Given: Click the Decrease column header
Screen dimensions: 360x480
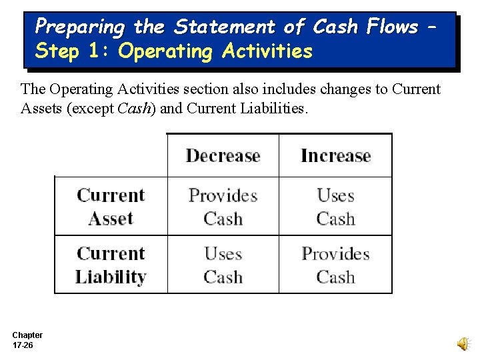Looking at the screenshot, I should [223, 156].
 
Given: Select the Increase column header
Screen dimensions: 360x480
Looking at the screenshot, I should [335, 156].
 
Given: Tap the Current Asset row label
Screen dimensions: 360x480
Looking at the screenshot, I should [111, 207].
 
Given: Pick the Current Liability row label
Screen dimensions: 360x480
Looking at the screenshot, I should [111, 265].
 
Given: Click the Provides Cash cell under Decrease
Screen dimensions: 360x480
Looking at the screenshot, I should [223, 207].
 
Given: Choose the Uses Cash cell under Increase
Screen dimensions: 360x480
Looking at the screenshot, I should [335, 207].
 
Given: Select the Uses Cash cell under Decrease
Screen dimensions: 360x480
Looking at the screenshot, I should [223, 265].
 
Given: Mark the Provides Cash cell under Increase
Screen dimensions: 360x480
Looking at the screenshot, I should [335, 265].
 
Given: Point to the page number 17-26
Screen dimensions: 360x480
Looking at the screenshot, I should [23, 345].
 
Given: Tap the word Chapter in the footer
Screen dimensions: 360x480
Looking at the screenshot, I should [27, 335].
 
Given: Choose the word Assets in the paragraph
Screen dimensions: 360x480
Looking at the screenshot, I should [41, 108].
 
